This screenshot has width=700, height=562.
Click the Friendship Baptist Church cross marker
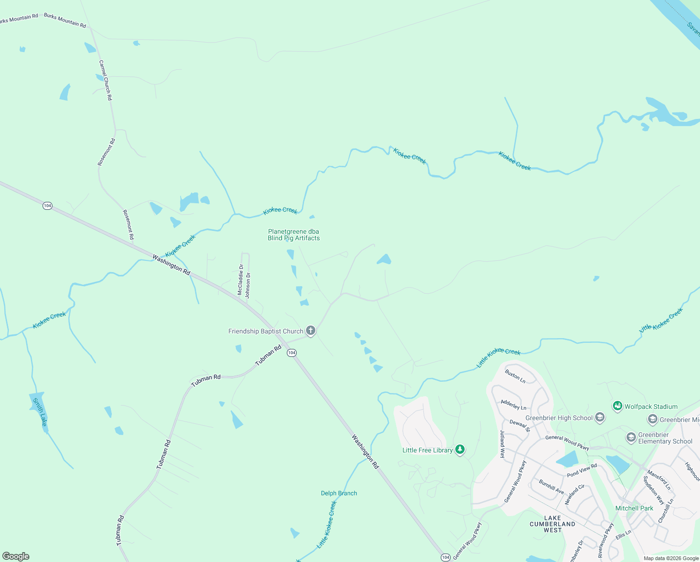coord(310,331)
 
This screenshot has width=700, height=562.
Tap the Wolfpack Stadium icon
coord(618,406)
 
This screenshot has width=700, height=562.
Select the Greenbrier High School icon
coord(600,418)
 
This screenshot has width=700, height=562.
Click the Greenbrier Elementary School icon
coord(631,437)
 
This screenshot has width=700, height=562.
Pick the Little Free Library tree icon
coord(460,450)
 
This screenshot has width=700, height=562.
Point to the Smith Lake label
coord(40,412)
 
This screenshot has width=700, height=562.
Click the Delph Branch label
coord(339,493)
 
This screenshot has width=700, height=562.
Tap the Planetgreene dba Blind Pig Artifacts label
coord(294,235)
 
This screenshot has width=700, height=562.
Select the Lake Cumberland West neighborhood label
coord(552,524)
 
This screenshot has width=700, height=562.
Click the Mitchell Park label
coord(634,508)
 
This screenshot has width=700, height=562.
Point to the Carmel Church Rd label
coord(106,80)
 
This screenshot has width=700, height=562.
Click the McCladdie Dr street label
coord(241,280)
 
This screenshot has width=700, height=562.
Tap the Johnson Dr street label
coord(248,285)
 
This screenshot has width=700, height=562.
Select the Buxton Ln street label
coord(515,376)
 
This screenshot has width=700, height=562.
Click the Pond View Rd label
coord(582,471)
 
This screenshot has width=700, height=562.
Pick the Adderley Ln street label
coord(513,404)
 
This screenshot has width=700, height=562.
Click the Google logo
coord(16,556)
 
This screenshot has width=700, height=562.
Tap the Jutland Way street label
coord(502,444)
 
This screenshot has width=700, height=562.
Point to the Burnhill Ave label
coord(551,486)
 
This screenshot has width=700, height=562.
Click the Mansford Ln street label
coord(659,481)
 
